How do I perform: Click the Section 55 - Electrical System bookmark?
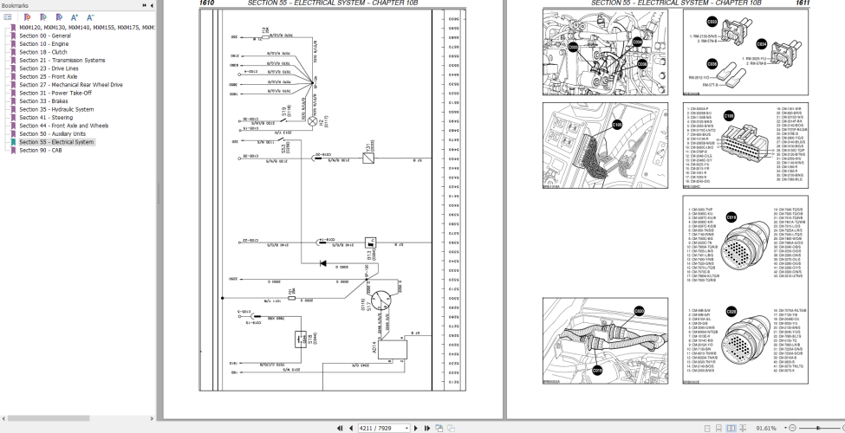(56, 142)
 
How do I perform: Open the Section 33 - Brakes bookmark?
(43, 101)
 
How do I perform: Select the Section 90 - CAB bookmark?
(40, 150)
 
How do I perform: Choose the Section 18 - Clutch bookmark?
(43, 52)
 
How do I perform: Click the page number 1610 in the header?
(206, 3)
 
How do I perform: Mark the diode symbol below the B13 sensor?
(322, 262)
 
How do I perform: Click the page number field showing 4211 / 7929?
(382, 427)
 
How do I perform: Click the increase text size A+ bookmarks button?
(75, 16)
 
